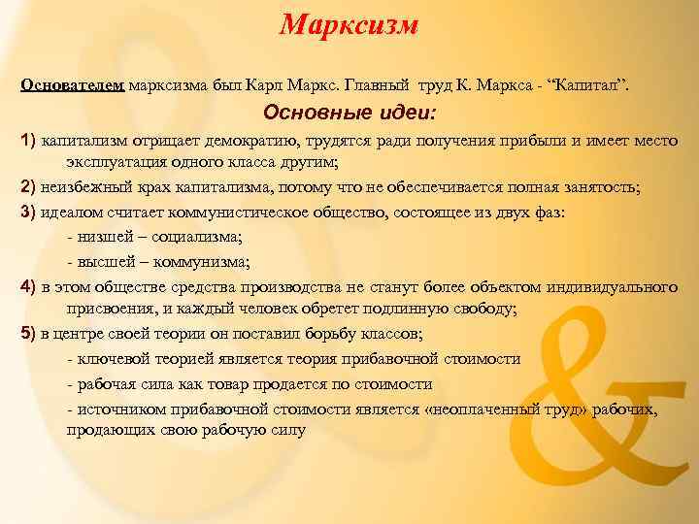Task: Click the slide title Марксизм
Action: tap(349, 25)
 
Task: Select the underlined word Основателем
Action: tap(72, 84)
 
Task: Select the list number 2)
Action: tap(28, 188)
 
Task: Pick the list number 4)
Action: tap(28, 287)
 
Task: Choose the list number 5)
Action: tap(28, 335)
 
